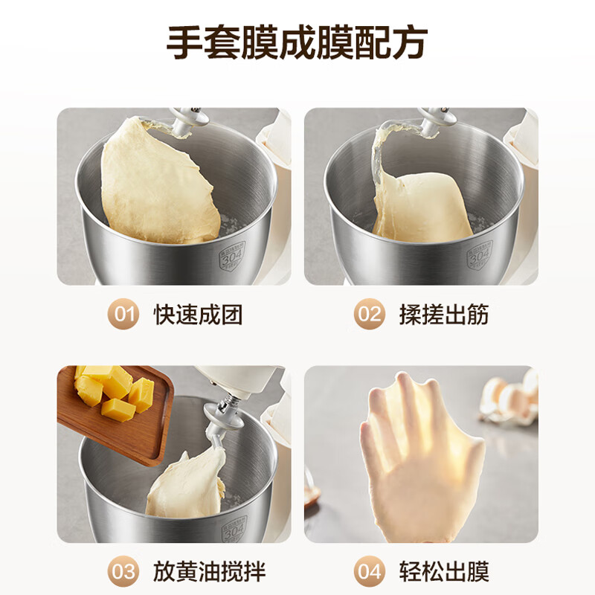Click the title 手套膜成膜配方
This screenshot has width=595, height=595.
coord(297,43)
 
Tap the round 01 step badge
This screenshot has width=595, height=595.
coord(123,315)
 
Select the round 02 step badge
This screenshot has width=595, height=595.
coord(369,315)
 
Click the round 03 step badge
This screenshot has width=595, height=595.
coord(123,571)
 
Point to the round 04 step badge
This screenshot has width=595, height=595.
coord(369,571)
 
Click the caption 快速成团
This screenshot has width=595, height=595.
coord(199,315)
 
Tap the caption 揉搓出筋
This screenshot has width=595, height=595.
coord(445,315)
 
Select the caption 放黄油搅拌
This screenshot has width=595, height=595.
coord(209,571)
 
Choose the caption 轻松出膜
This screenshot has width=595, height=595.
coord(445,571)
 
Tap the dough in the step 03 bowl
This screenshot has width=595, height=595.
coord(186,487)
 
